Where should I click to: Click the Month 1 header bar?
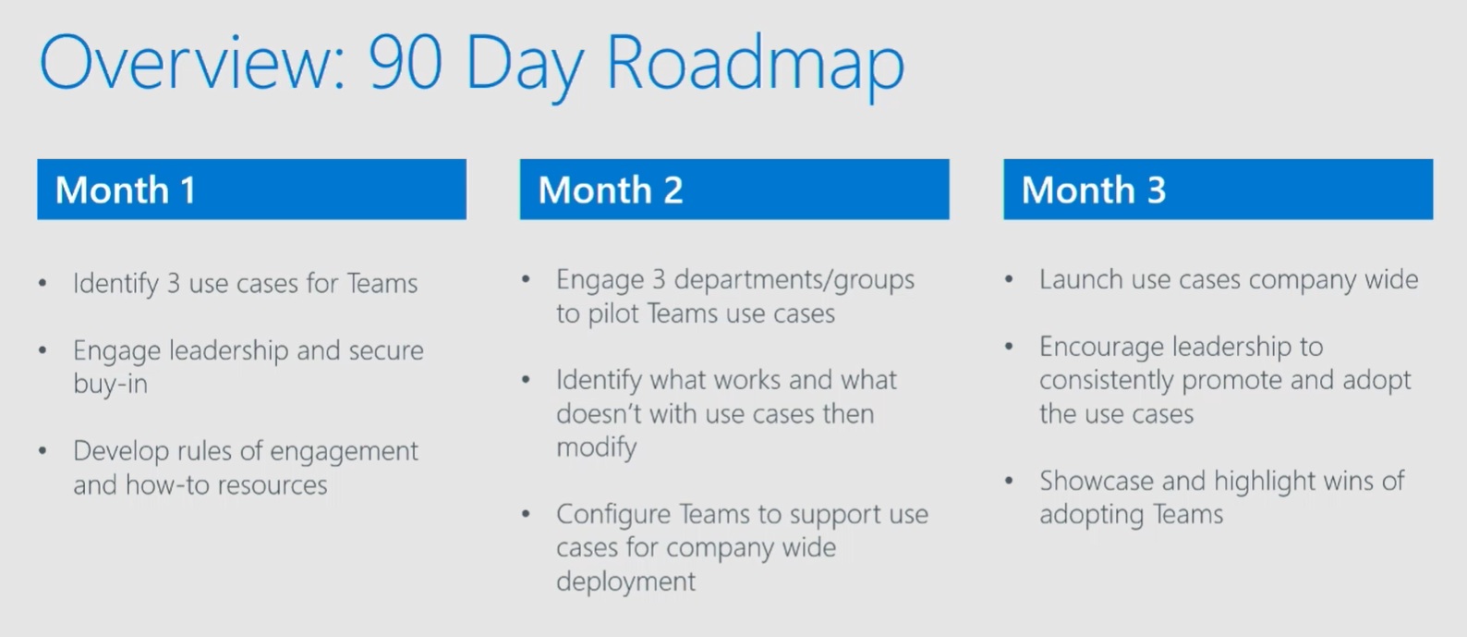252,190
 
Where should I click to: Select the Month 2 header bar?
734,190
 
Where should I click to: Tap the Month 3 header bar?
1218,190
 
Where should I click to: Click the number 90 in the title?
406,64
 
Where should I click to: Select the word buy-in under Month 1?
111,384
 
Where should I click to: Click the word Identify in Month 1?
115,284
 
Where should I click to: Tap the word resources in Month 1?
273,485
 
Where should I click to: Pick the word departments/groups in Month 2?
794,280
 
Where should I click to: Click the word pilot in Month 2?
613,314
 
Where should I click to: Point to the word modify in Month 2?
597,448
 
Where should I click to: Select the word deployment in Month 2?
626,582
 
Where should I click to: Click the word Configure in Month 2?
613,515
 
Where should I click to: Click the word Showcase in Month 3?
1097,481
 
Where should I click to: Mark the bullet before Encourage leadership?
1009,346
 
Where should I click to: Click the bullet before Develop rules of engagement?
42,451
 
